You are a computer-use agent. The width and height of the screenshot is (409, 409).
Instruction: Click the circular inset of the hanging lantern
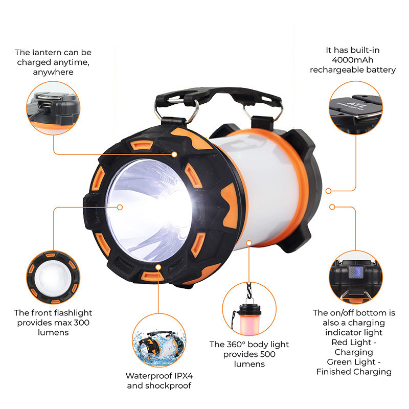tap(248, 308)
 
